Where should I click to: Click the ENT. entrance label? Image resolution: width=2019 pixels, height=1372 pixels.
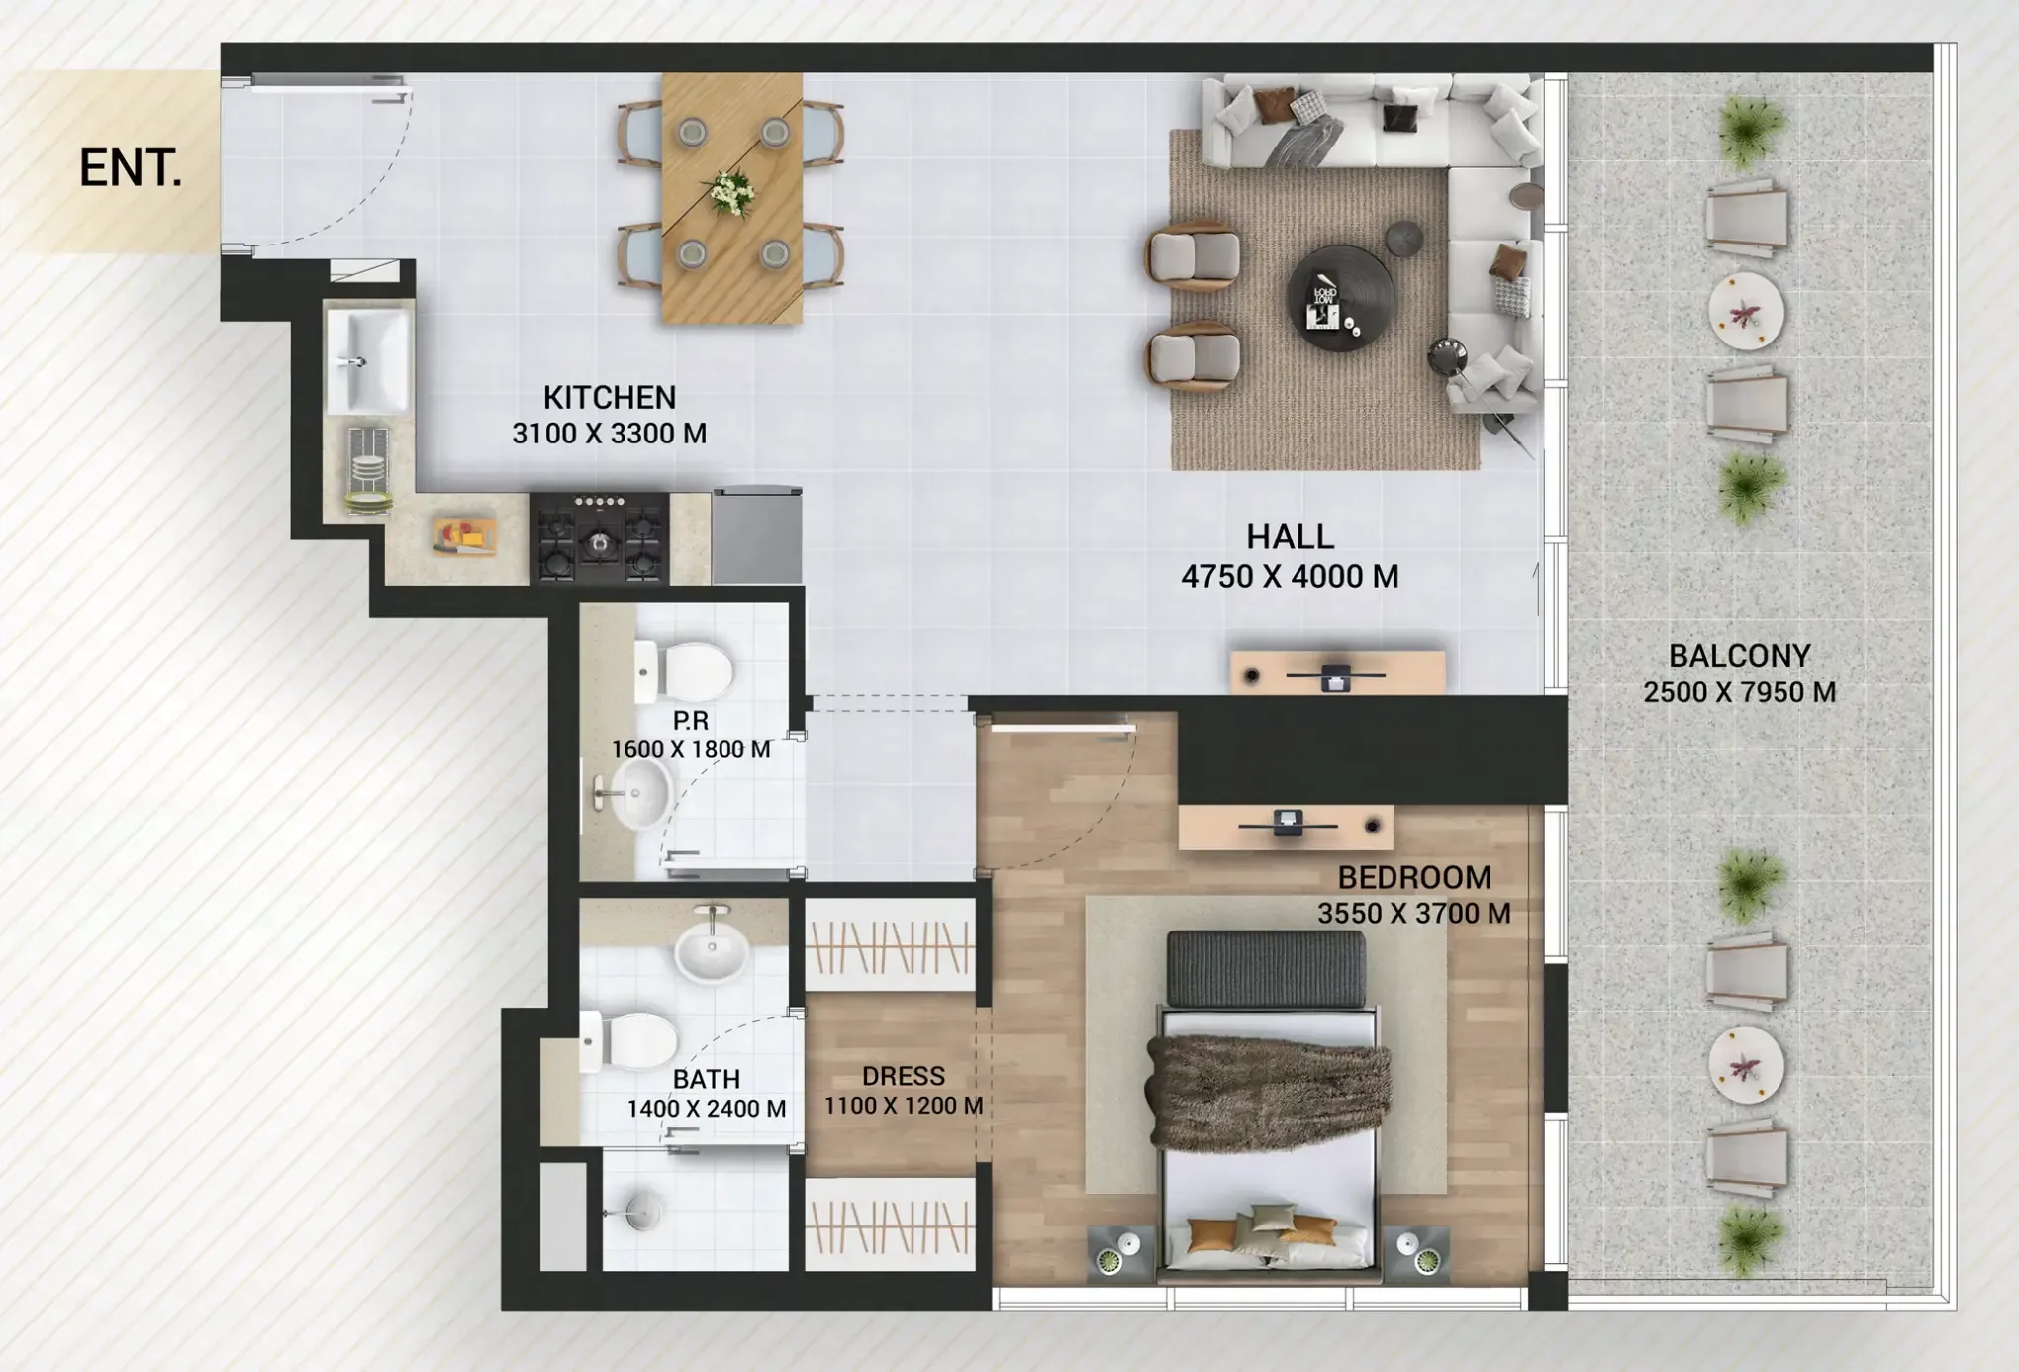tap(131, 168)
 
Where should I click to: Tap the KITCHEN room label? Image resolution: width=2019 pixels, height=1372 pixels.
tap(610, 397)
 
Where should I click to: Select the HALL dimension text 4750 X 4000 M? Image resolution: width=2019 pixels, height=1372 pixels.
tap(1290, 576)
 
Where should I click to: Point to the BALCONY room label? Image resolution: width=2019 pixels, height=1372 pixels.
tap(1739, 655)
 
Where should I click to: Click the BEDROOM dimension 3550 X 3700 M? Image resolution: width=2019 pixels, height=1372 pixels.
tap(1413, 913)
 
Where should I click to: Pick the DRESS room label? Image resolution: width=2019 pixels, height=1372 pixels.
tap(903, 1076)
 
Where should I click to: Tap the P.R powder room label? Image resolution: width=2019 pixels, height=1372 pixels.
tap(691, 721)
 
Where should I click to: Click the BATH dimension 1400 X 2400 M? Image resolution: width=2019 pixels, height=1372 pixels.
tap(707, 1109)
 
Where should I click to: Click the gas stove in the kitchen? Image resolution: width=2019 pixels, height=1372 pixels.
tap(600, 538)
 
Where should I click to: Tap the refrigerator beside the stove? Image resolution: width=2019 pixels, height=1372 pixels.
tap(757, 535)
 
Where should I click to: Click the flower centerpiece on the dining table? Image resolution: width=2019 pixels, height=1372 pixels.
tap(730, 193)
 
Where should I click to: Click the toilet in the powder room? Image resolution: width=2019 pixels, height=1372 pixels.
tap(685, 670)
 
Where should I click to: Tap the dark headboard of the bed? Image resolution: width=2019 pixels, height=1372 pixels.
tap(1266, 969)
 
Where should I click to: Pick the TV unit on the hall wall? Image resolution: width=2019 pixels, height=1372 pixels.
tap(1337, 674)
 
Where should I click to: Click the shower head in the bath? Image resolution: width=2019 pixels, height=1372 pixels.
tap(641, 1212)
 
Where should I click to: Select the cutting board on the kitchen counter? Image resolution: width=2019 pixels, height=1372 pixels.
tap(463, 539)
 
